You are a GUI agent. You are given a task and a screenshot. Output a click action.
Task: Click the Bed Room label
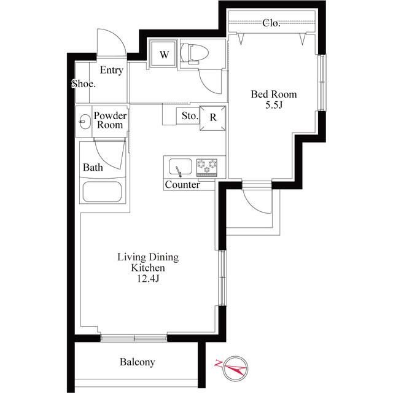[274, 94]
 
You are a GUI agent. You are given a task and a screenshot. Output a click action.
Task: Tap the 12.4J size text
[148, 278]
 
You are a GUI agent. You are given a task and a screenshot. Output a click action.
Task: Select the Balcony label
[137, 362]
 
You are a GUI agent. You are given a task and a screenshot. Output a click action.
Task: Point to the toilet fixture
[195, 53]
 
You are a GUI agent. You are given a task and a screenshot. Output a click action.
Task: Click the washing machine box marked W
[164, 54]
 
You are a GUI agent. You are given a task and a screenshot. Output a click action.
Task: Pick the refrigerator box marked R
[212, 118]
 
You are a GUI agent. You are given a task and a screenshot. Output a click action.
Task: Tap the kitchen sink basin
[180, 167]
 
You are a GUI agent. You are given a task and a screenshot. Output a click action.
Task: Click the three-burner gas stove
[207, 166]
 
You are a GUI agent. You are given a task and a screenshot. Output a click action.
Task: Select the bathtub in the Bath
[103, 192]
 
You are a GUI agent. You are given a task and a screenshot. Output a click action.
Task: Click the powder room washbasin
[85, 122]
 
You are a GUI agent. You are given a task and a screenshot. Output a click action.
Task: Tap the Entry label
[112, 70]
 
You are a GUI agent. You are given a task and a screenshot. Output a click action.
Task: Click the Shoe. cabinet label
[84, 84]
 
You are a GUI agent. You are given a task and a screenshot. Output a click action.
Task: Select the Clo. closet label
[271, 23]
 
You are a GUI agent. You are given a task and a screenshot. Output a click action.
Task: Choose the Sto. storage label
[190, 116]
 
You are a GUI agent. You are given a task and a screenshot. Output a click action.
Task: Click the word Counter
[182, 185]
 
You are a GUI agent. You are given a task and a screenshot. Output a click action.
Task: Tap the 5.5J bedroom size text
[274, 105]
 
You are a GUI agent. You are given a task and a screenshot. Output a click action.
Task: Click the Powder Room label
[110, 120]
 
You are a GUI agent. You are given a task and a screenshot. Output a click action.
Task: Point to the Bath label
[93, 168]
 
